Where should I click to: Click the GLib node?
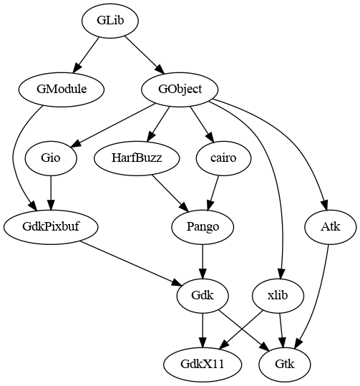(x=110, y=21)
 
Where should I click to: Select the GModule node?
(x=62, y=90)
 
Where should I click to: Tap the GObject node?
(x=180, y=90)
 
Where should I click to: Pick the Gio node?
(x=51, y=158)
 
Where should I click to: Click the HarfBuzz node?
(x=137, y=158)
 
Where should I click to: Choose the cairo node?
(x=223, y=158)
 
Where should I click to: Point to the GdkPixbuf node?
(x=51, y=227)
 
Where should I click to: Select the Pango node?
(x=203, y=227)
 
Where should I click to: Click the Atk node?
(x=331, y=227)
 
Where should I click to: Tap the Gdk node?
(x=203, y=295)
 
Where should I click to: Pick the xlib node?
(x=278, y=295)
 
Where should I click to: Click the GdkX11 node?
(x=203, y=364)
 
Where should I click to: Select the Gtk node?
(x=285, y=364)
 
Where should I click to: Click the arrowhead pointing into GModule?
(x=77, y=67)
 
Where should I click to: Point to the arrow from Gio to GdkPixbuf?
(x=51, y=193)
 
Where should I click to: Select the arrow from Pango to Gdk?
(x=203, y=261)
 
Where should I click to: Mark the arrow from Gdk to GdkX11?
(x=203, y=330)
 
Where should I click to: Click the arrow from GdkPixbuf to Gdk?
(x=131, y=264)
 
